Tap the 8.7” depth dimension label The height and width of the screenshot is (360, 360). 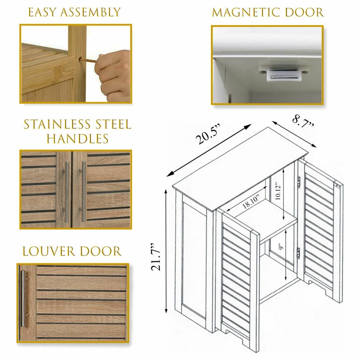[x=303, y=121]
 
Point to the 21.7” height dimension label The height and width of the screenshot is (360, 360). [x=156, y=256]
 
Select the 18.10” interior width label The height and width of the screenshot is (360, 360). [x=251, y=202]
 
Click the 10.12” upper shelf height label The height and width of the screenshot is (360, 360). [x=278, y=191]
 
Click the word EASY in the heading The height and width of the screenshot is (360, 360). [x=42, y=12]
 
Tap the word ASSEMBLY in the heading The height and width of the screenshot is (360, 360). [x=90, y=12]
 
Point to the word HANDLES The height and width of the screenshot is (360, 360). [x=77, y=139]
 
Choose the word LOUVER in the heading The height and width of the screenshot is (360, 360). [x=49, y=251]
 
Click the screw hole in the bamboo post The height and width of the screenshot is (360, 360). [x=81, y=60]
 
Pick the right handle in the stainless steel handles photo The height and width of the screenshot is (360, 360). [x=83, y=192]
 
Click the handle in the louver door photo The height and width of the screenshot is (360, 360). [x=23, y=298]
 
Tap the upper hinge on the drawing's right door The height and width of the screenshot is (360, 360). [x=299, y=182]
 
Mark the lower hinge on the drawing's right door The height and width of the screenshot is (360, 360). [x=298, y=253]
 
